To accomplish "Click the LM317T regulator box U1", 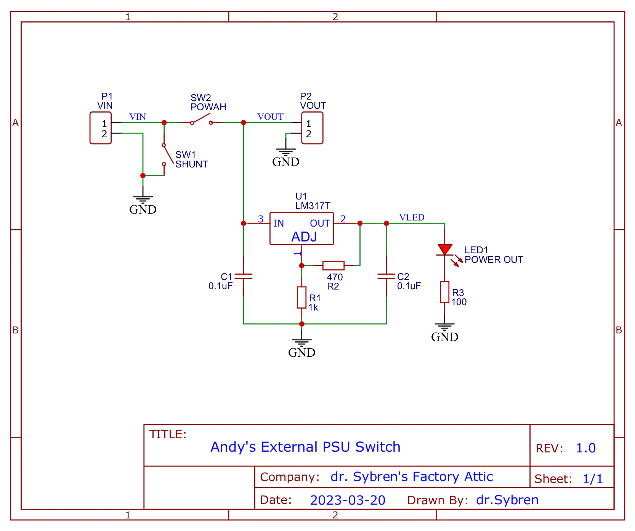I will pyautogui.click(x=301, y=228).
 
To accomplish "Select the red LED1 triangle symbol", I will pyautogui.click(x=444, y=249).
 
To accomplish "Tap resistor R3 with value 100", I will pyautogui.click(x=444, y=292).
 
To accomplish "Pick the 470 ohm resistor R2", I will pyautogui.click(x=333, y=265).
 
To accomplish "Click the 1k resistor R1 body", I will pyautogui.click(x=301, y=298).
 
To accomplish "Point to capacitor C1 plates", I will pyautogui.click(x=244, y=276).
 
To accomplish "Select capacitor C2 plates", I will pyautogui.click(x=386, y=276).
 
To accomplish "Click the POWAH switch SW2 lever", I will pyautogui.click(x=201, y=119).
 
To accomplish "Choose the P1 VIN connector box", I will pyautogui.click(x=101, y=128).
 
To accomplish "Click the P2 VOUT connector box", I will pyautogui.click(x=312, y=128).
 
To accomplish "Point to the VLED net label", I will pyautogui.click(x=412, y=217).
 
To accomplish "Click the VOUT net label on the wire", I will pyautogui.click(x=270, y=117).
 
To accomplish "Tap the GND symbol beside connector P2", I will pyautogui.click(x=286, y=156).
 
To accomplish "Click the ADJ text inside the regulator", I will pyautogui.click(x=304, y=237).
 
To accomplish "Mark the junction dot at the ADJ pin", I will pyautogui.click(x=301, y=265).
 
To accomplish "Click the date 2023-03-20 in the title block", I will pyautogui.click(x=348, y=500).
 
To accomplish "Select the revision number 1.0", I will pyautogui.click(x=585, y=448).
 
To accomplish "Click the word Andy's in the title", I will pyautogui.click(x=233, y=447).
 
